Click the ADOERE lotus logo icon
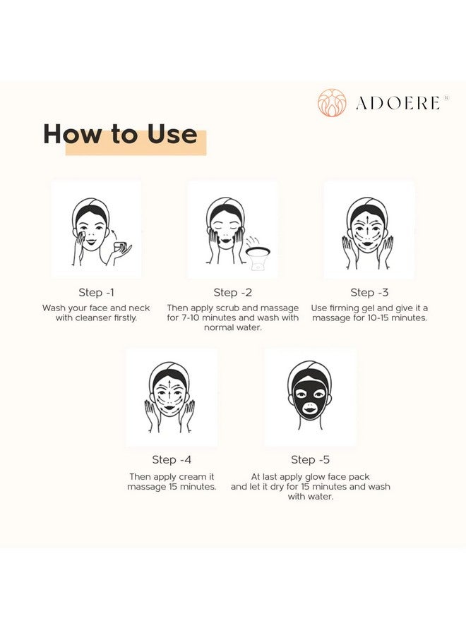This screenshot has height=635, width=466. pyautogui.click(x=332, y=102)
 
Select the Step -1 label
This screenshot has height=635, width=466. pyautogui.click(x=96, y=292)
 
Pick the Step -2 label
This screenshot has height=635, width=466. pyautogui.click(x=232, y=292)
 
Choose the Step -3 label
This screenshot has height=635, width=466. pyautogui.click(x=369, y=292)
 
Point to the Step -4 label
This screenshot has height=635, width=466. pyautogui.click(x=172, y=459)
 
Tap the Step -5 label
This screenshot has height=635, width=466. pyautogui.click(x=310, y=459)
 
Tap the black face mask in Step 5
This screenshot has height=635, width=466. pyautogui.click(x=309, y=395)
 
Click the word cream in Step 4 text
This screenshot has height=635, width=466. pyautogui.click(x=186, y=477)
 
